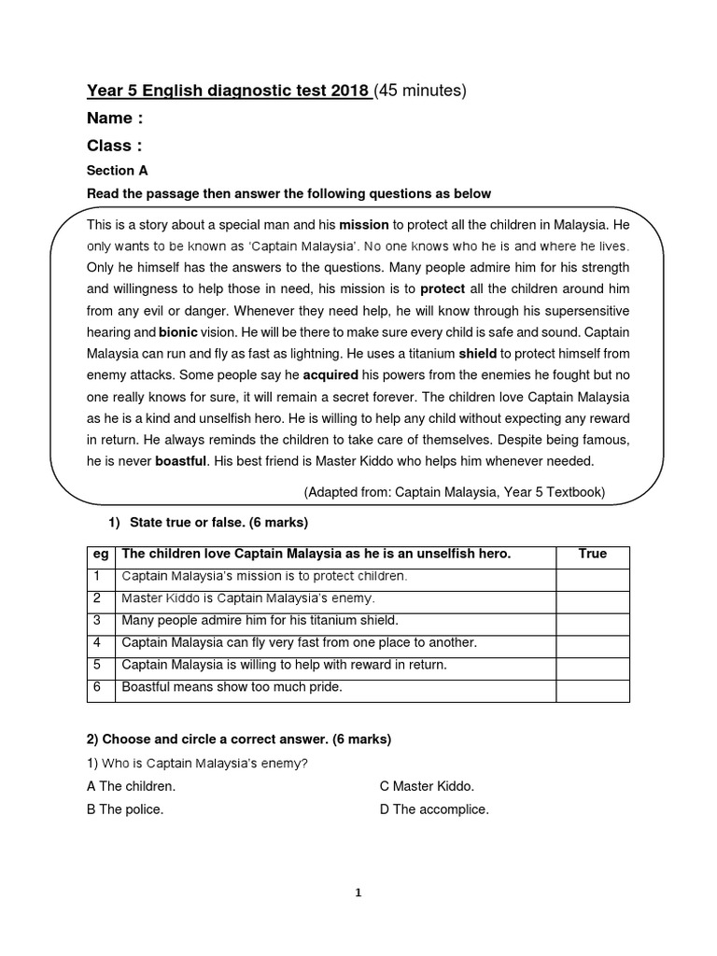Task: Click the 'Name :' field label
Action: click(x=115, y=119)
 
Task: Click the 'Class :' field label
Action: click(x=114, y=146)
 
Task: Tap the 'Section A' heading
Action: click(x=117, y=171)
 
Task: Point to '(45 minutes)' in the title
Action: click(x=419, y=91)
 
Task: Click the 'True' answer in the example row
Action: click(x=592, y=554)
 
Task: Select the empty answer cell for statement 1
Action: click(x=592, y=576)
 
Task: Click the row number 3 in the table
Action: click(x=97, y=620)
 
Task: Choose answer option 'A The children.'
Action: click(x=131, y=787)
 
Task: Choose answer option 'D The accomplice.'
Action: click(x=434, y=809)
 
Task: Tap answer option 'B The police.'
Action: click(x=125, y=809)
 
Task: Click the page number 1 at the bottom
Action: click(x=358, y=893)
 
